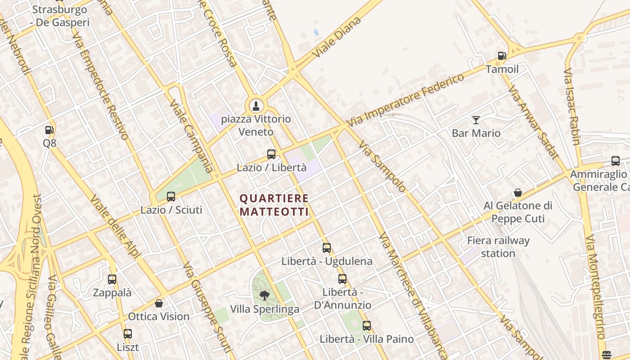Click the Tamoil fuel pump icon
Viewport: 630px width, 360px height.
point(502,56)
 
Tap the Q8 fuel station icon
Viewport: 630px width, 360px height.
point(49,130)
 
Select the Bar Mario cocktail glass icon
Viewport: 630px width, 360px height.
point(476,120)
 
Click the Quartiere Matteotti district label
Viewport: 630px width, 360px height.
point(274,205)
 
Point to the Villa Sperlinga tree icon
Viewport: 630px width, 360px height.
point(265,296)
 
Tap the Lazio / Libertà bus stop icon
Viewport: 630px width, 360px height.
point(271,154)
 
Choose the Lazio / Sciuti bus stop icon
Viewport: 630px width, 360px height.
point(171,197)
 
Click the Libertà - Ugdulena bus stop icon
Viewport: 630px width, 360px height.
point(327,247)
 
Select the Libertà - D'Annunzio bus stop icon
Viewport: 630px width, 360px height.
point(342,279)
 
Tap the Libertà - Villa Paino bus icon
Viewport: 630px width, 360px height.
point(367,326)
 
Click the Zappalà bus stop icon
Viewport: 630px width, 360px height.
point(112,279)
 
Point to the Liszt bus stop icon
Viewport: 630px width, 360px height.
point(128,334)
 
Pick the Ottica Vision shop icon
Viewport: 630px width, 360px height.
point(158,303)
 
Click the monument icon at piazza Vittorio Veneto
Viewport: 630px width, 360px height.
point(256,106)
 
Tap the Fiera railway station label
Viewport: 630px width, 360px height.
point(498,247)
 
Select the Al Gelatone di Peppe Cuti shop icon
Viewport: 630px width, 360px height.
point(518,193)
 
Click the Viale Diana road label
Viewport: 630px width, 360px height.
point(338,38)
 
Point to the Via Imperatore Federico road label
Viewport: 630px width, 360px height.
point(405,100)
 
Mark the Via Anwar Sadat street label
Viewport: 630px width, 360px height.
point(533,121)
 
